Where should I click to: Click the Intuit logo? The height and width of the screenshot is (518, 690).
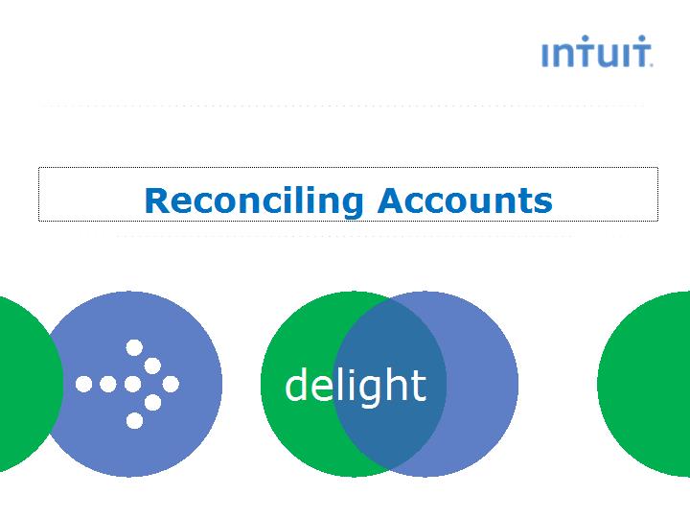point(597,51)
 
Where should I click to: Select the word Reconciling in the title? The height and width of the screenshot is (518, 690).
point(254,201)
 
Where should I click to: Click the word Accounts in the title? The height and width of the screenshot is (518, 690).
point(465,200)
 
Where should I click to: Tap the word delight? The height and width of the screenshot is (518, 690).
point(356,386)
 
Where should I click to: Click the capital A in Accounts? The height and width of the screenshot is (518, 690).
point(391,200)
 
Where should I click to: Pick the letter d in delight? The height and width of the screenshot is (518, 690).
point(297,383)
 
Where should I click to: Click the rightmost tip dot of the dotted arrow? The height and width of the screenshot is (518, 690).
point(171,384)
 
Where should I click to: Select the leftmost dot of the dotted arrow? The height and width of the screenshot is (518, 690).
point(83,384)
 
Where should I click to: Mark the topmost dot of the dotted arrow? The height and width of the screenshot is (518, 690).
point(134,347)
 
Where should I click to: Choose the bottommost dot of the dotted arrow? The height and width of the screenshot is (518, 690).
point(135,421)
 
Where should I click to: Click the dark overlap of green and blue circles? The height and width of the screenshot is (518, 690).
point(389,384)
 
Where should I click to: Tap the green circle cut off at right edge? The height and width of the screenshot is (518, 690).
point(644,384)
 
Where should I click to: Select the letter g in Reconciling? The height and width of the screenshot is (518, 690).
point(351,204)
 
